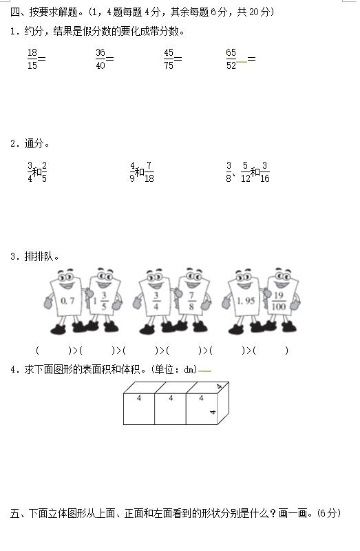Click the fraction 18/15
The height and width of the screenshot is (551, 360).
pos(32,59)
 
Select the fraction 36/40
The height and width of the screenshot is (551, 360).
pos(100,59)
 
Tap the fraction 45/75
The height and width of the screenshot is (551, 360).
pos(169,59)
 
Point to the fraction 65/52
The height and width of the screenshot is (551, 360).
pos(231,59)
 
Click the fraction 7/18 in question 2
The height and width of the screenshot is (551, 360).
pos(149,172)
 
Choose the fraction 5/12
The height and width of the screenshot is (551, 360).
pos(246,172)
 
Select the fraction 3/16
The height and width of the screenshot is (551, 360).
pos(265,172)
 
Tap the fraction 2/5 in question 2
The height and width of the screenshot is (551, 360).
pos(44,172)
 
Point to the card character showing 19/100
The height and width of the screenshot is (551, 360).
pos(281,300)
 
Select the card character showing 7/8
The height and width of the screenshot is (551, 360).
pos(192,300)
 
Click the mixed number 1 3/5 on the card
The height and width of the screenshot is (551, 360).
pos(100,301)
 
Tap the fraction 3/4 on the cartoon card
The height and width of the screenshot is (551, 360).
pos(156,301)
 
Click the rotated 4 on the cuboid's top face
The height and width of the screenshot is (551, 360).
pos(219,386)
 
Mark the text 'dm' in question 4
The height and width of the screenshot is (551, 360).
pos(189,369)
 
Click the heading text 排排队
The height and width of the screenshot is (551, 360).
pos(39,256)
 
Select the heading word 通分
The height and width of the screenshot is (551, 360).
pos(34,143)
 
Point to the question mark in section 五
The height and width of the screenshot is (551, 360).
pos(273,513)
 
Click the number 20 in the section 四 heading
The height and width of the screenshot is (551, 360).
pos(254,12)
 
